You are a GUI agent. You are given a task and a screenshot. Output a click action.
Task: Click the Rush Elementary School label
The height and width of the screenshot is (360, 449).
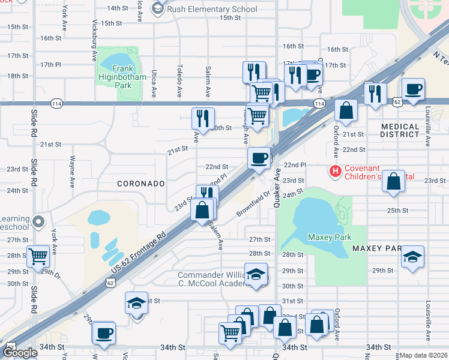212,9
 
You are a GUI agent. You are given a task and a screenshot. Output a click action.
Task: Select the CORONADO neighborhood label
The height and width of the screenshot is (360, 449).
140,183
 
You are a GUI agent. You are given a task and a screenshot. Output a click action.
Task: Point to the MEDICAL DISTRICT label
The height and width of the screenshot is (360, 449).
400,130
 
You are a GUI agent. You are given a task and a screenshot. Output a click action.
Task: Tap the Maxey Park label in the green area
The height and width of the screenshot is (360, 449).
330,237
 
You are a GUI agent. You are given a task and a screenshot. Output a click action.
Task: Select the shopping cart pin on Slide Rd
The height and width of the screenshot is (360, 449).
38,256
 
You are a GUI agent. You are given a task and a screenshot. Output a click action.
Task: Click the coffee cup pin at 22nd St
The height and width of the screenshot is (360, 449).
259,158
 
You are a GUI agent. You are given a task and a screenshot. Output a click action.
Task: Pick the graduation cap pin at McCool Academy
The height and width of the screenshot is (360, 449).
256,274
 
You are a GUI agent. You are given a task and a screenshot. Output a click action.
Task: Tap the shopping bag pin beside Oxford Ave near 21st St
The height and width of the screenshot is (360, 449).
346,110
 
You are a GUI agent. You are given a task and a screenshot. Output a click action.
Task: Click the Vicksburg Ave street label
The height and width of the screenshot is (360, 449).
95,43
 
